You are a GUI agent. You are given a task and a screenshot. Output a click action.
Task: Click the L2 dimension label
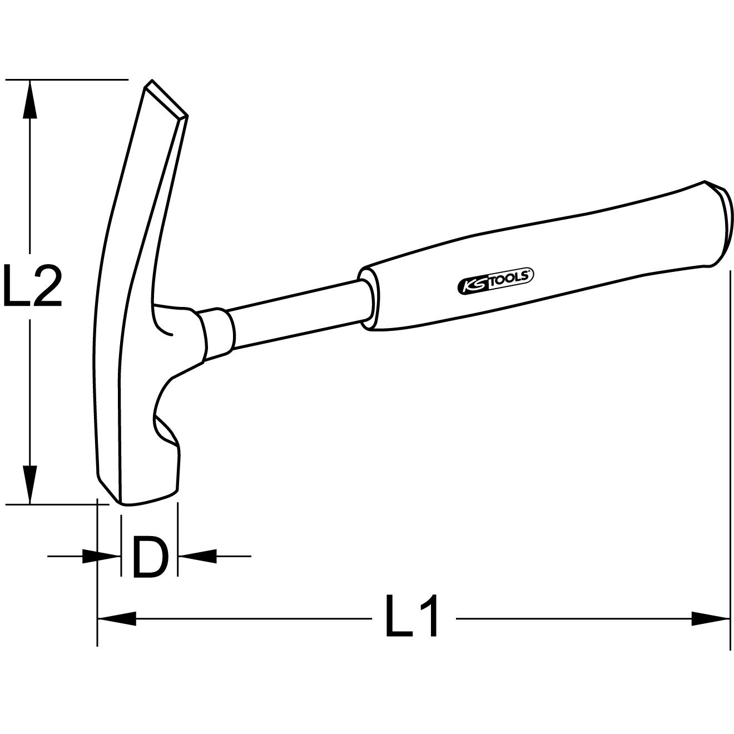32,286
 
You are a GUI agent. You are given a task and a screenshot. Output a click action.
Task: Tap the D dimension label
150,556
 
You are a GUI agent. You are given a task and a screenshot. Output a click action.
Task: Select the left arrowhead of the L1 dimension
117,618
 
